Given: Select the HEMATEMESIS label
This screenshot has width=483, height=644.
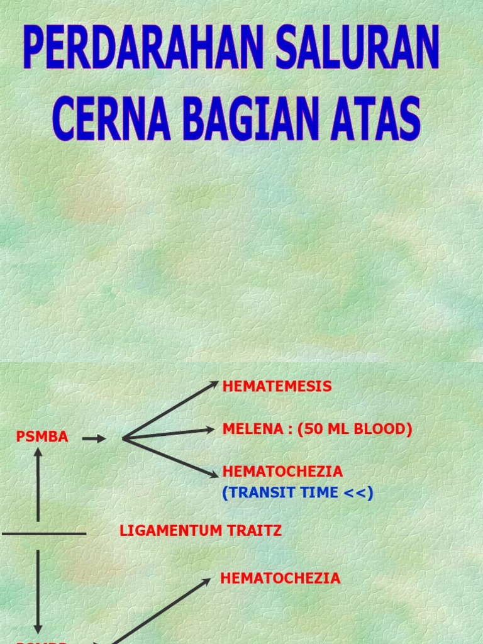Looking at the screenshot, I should tap(277, 387).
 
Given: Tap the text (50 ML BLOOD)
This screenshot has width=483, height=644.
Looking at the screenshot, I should tap(355, 430).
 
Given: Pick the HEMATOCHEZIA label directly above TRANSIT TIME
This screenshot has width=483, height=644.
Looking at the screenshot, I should tap(282, 472).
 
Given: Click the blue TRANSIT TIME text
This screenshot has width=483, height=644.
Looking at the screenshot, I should tap(280, 493).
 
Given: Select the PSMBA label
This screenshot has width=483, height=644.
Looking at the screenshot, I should tap(42, 437).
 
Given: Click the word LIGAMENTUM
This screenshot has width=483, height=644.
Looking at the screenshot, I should tap(171, 531).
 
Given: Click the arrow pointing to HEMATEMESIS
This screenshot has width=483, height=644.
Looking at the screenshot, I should tap(170, 410).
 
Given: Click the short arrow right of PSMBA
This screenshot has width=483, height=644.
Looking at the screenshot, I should tap(94, 439).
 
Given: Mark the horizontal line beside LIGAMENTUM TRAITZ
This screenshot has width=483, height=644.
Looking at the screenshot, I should tap(44, 534).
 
